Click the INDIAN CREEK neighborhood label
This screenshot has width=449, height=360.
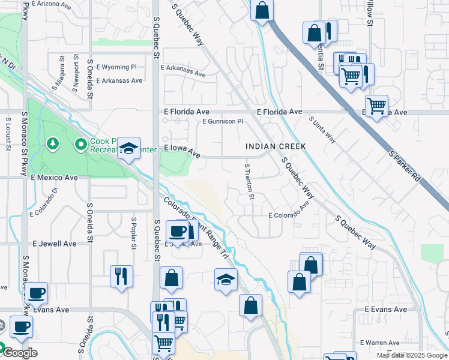coord(276,146)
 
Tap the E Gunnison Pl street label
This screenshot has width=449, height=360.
coord(223,121)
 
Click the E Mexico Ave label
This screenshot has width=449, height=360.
coord(55,178)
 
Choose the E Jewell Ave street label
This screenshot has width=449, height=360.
coord(55,244)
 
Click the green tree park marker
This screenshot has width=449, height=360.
coord(53,144)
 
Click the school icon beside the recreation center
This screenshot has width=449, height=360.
coord(128,148)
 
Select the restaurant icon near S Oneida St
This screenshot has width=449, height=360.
coord(121,276)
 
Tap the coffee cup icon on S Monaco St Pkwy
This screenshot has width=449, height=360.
coord(36,293)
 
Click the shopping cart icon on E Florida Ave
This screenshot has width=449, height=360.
coord(376,106)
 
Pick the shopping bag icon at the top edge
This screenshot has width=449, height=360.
coord(262,10)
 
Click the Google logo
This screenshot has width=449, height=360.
coord(19,353)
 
